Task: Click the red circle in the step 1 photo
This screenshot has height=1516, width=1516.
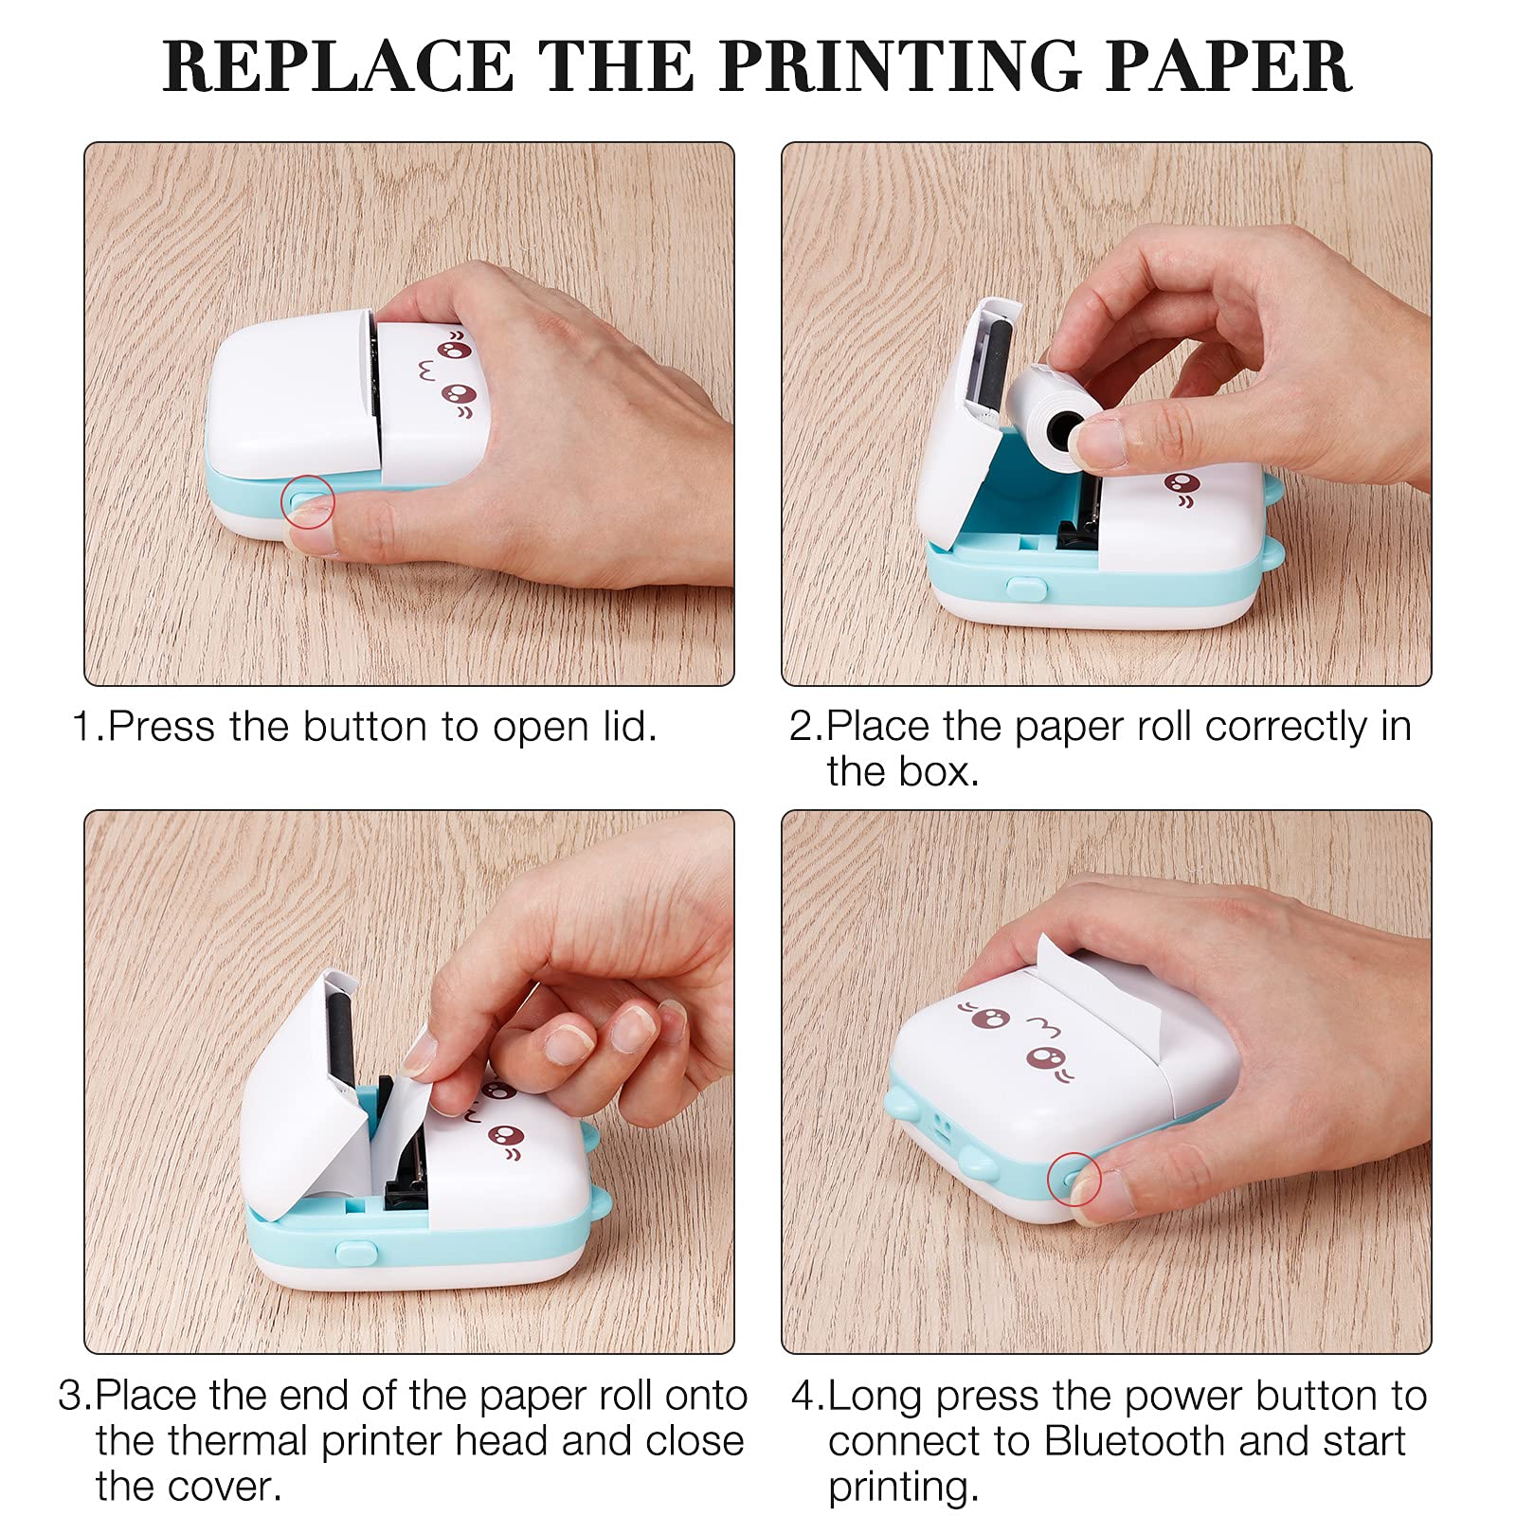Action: pos(308,501)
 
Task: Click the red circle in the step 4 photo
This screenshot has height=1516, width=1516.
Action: pos(1074,1179)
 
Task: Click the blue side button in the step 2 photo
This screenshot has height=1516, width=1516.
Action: pos(1026,588)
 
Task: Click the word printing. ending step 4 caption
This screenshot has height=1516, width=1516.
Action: pos(903,1487)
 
